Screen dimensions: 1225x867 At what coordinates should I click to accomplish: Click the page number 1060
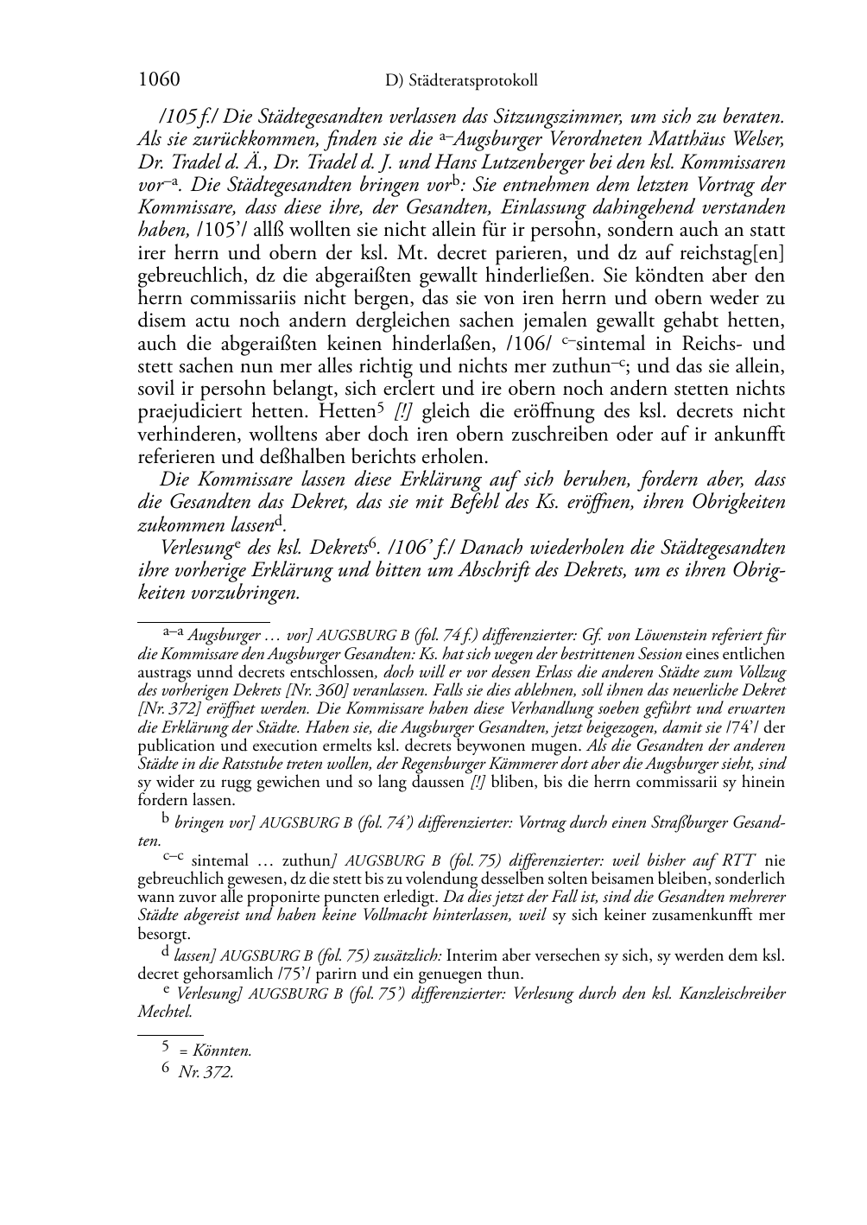click(x=159, y=79)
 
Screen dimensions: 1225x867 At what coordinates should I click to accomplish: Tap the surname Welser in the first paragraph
click(x=756, y=138)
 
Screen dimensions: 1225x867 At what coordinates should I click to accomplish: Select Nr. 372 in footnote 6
click(x=206, y=1072)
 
